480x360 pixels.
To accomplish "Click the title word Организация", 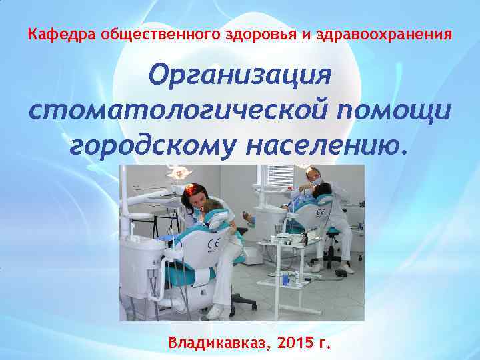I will pyautogui.click(x=239, y=75).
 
